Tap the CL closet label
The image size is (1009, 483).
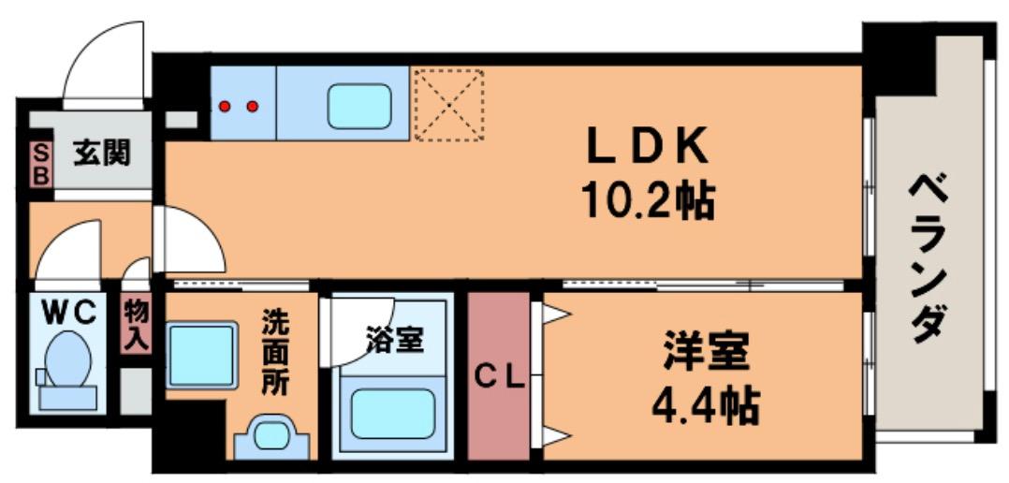coord(499,379)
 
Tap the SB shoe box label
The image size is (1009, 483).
coord(40,165)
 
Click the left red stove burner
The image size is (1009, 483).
coord(225,106)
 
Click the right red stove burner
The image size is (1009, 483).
coord(252,106)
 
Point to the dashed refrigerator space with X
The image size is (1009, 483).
coord(450,104)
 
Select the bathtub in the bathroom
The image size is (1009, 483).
coord(391,412)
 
